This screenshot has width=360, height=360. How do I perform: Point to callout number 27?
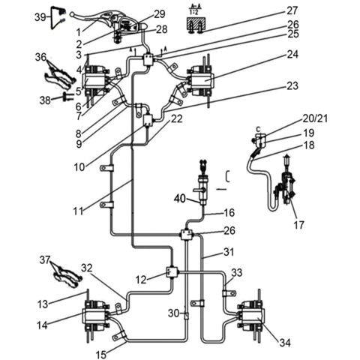(292, 10)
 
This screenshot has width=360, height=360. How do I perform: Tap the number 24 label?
(292, 54)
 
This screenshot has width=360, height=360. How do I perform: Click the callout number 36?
(40, 56)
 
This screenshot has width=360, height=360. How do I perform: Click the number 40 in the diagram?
(180, 199)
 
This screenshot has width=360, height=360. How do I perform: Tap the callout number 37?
(44, 259)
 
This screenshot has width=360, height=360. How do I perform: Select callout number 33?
(237, 273)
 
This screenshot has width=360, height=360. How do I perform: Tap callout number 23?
(292, 85)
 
